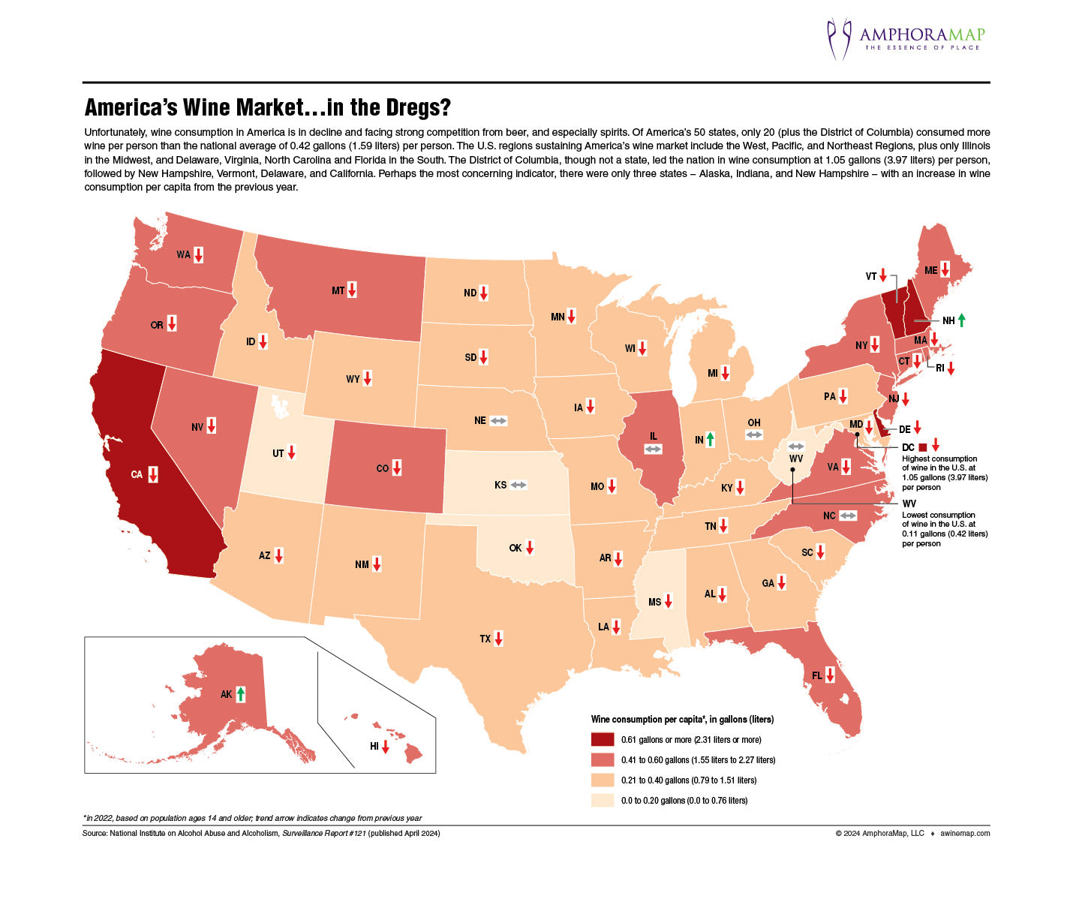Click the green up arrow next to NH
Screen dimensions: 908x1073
pos(961,320)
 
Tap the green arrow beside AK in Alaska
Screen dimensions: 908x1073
pos(240,694)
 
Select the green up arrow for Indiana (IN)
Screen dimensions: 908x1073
pos(710,440)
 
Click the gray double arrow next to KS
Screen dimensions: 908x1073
pos(518,486)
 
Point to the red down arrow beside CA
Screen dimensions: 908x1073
pos(153,474)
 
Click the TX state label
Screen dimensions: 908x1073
pos(485,639)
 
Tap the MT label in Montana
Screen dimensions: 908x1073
pos(338,290)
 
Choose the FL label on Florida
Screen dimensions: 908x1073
pos(817,675)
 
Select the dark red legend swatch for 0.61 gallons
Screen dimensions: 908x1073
pos(602,739)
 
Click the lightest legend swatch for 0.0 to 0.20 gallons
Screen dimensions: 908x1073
pos(602,800)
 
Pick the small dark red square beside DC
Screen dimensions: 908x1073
pos(922,447)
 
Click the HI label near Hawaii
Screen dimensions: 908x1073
pos(374,747)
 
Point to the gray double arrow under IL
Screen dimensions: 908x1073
pos(654,449)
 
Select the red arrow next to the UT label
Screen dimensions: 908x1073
pos(292,452)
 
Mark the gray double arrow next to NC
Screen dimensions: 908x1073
pos(848,516)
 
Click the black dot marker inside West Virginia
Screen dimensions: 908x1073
pos(792,471)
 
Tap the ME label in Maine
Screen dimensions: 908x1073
pos(930,270)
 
